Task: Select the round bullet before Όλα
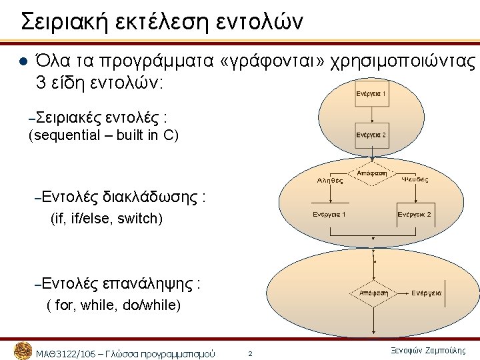[x=20, y=63]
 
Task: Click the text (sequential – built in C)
[x=104, y=137]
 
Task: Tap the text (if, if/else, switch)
[x=107, y=219]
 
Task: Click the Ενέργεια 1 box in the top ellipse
[x=371, y=93]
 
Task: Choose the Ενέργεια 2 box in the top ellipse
[x=371, y=134]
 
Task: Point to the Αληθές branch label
[x=329, y=179]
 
